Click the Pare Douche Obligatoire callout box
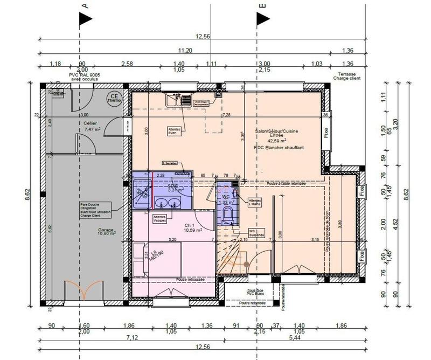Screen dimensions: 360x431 pyautogui.click(x=95, y=210)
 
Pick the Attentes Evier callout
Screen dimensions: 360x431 pyautogui.click(x=174, y=132)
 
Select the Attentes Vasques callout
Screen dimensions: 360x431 pyautogui.click(x=161, y=219)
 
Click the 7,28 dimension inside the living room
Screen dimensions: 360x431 pyautogui.click(x=226, y=115)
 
